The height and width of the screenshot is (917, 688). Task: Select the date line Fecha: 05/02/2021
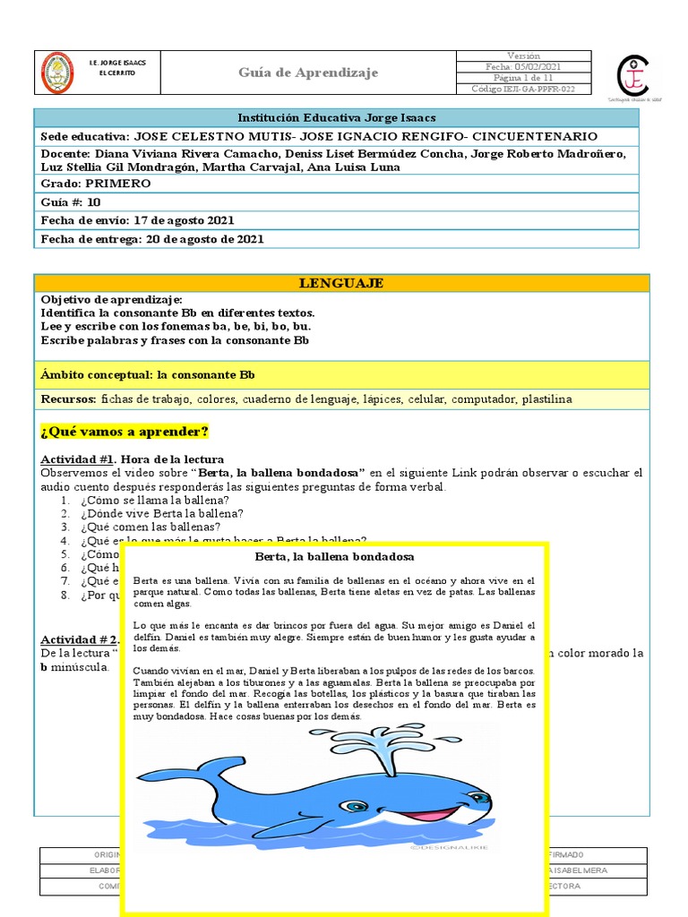[x=523, y=66]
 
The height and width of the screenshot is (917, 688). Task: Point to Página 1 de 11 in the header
[x=523, y=78]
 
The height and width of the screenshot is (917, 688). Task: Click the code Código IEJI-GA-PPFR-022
[x=523, y=89]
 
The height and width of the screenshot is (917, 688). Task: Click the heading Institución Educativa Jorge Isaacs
[x=336, y=118]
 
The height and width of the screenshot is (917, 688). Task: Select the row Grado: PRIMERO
[x=96, y=184]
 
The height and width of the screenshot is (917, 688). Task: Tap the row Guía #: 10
[x=71, y=202]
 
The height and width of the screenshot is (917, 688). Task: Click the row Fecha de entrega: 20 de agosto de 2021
[x=152, y=239]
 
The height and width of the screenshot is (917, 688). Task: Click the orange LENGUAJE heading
[x=340, y=283]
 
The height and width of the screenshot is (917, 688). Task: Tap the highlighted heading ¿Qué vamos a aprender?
[x=125, y=433]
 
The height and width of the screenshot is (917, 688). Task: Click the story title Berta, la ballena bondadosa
[x=334, y=558]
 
